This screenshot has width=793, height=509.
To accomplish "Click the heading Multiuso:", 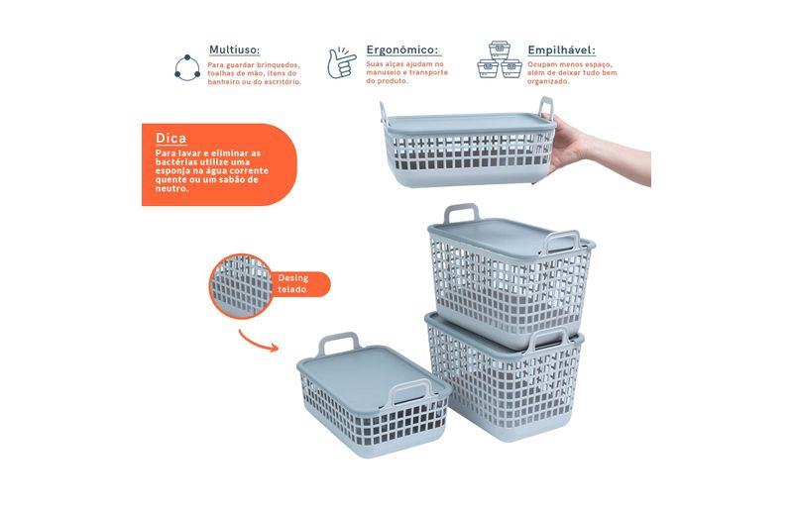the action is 234,50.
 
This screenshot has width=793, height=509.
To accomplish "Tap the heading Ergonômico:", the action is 402,50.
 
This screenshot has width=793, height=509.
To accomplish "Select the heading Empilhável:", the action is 561,51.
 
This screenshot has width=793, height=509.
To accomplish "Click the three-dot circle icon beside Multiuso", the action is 187,67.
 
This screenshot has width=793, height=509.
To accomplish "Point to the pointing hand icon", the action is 341,62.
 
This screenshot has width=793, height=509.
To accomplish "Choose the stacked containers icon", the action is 500,59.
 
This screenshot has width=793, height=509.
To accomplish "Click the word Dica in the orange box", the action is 170,138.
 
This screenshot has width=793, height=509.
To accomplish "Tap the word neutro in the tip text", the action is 170,188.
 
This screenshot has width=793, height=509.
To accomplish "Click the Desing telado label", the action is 292,283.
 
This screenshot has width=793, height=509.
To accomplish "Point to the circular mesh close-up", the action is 241,286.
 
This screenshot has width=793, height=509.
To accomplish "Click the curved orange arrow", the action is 258,342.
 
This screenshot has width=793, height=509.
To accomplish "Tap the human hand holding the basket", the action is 597,150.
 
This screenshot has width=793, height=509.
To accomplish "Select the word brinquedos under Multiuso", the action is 278,65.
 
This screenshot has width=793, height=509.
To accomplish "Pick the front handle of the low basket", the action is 411,391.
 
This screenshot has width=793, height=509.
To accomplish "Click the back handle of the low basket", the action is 338,342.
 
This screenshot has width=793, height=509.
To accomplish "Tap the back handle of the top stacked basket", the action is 461,211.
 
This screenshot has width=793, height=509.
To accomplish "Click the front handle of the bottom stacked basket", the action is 548,338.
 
